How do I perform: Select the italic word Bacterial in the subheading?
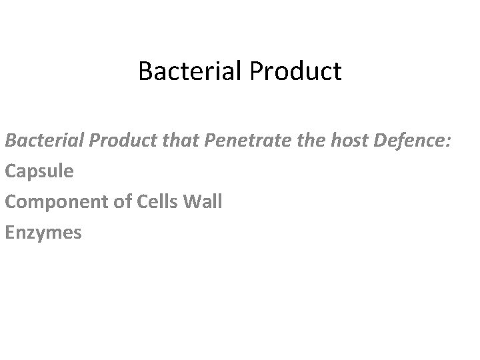pyautogui.click(x=41, y=140)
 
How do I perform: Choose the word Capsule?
pyautogui.click(x=39, y=171)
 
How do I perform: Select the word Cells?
pyautogui.click(x=157, y=202)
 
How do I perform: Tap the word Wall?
pyautogui.click(x=202, y=202)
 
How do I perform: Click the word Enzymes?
pyautogui.click(x=43, y=233)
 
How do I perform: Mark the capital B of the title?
pyautogui.click(x=145, y=71)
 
